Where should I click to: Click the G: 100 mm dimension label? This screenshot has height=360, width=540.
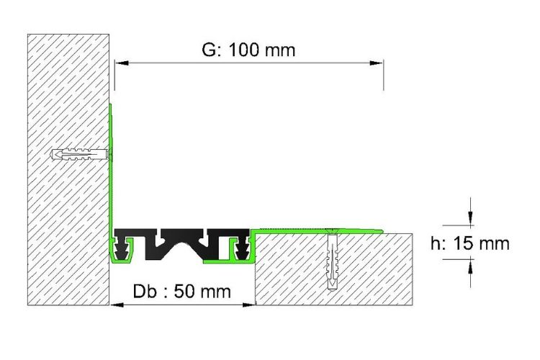(x=248, y=50)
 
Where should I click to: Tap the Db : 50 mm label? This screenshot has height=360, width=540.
(x=182, y=292)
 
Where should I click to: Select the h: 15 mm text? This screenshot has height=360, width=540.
(x=469, y=243)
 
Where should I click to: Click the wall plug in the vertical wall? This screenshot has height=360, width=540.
(x=80, y=154)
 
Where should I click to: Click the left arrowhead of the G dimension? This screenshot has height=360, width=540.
(x=122, y=63)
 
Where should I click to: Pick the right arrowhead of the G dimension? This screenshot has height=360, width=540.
(x=377, y=63)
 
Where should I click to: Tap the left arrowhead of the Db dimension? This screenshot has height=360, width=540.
(x=117, y=305)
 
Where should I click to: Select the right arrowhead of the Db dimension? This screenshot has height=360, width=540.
(x=248, y=305)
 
